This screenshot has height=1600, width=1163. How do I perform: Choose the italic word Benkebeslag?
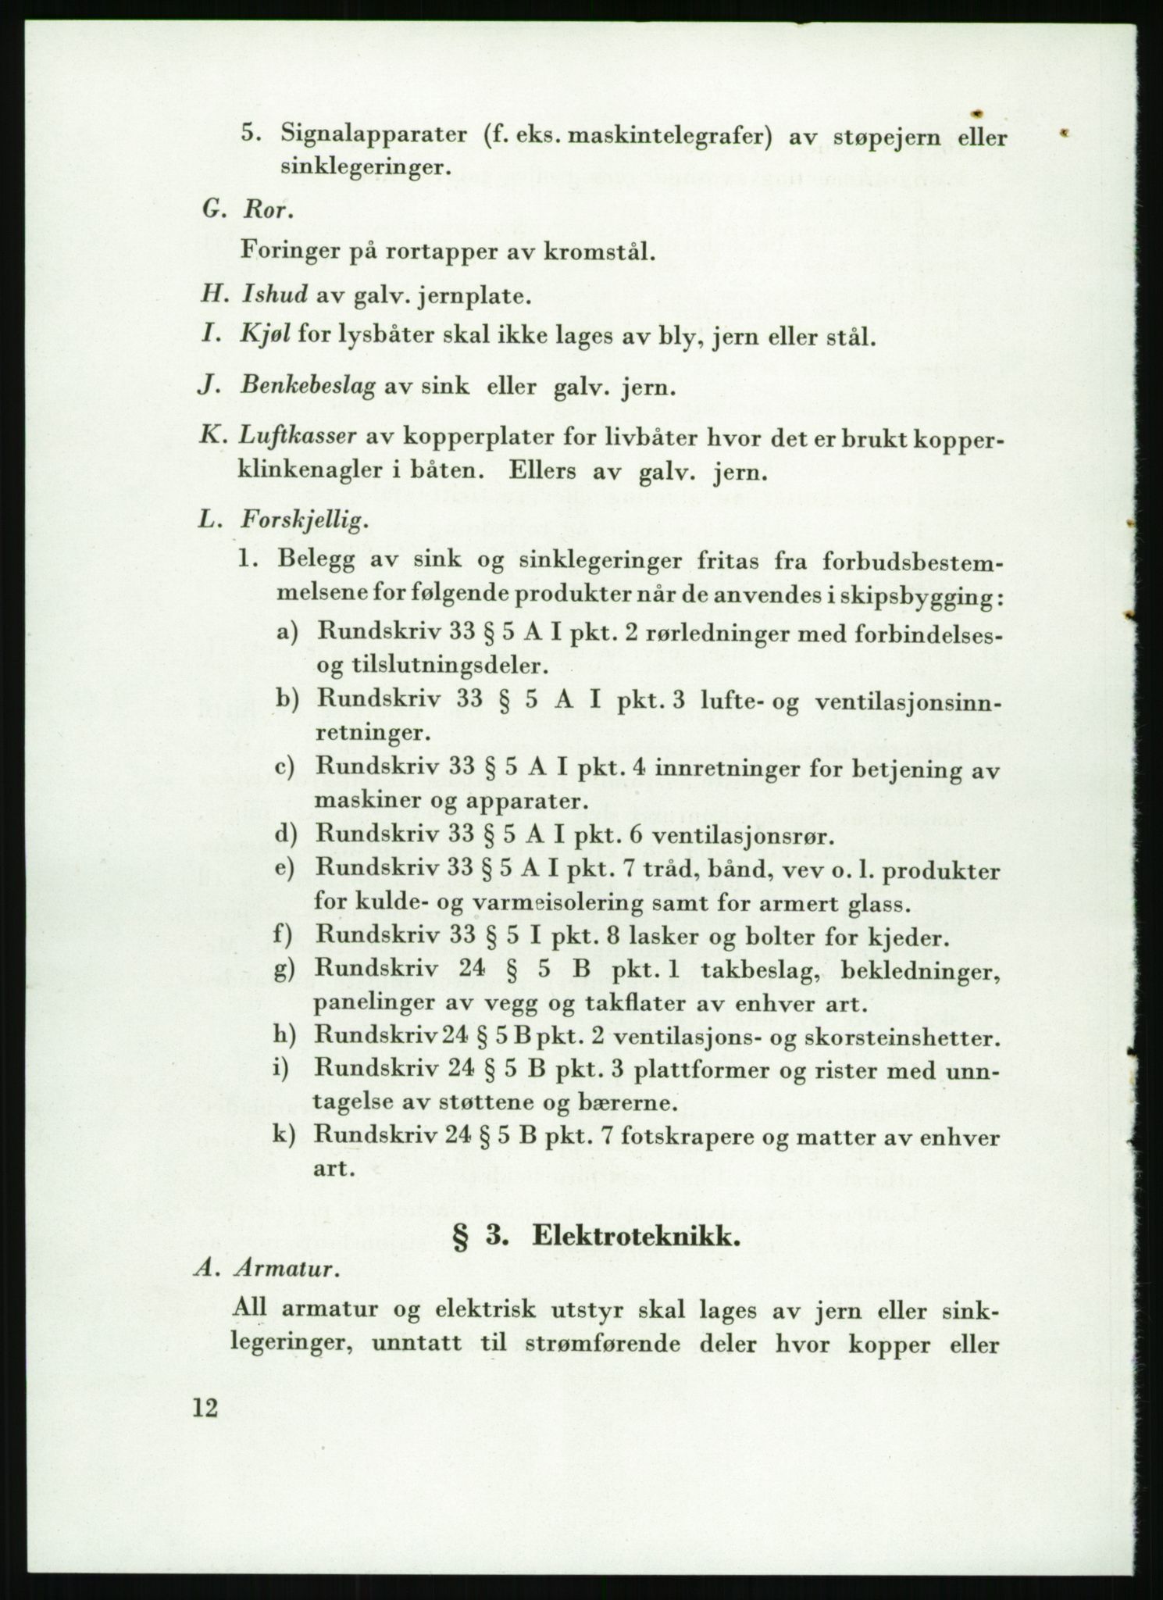point(309,386)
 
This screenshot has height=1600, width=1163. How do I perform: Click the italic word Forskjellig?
point(304,521)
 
